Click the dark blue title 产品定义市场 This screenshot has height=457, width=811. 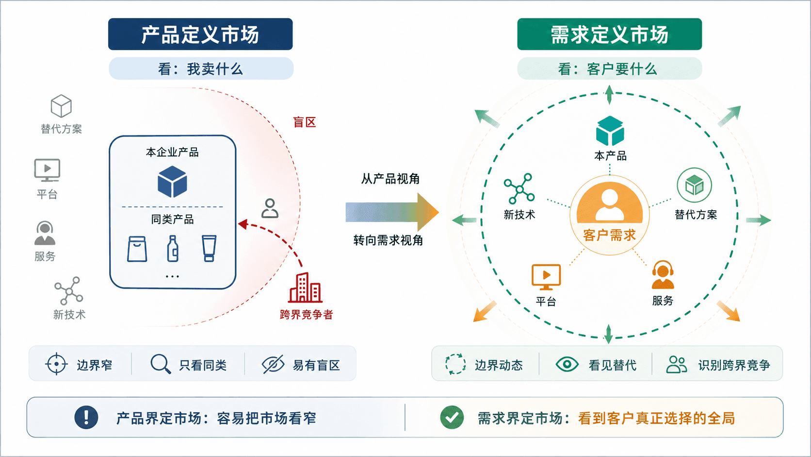pos(200,34)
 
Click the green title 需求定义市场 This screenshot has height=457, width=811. pos(609,34)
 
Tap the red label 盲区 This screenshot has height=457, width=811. pos(305,122)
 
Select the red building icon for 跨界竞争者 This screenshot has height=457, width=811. pos(305,288)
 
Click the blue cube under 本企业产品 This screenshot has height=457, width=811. pos(172,182)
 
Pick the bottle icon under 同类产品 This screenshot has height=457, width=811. pos(173,248)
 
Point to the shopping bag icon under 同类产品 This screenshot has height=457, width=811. pos(137,249)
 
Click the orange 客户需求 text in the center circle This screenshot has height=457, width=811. pos(609,235)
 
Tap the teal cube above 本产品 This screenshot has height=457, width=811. pos(610,131)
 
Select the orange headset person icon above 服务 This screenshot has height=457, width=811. pos(663,275)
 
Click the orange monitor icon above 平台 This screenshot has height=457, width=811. pos(546,277)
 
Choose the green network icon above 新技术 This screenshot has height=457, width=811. pos(519,188)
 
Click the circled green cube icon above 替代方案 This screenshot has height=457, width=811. pos(694,185)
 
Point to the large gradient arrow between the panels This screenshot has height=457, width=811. pos(392,212)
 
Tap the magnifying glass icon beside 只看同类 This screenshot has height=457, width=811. pos(161,364)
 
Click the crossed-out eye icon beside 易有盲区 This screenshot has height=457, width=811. pos(273,364)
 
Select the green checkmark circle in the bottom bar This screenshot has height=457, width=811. pos(452,418)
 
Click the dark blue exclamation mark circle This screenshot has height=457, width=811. pos(86,418)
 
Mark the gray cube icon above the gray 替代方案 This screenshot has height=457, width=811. pos(61,106)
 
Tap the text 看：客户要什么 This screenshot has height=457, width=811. pos(608,69)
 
